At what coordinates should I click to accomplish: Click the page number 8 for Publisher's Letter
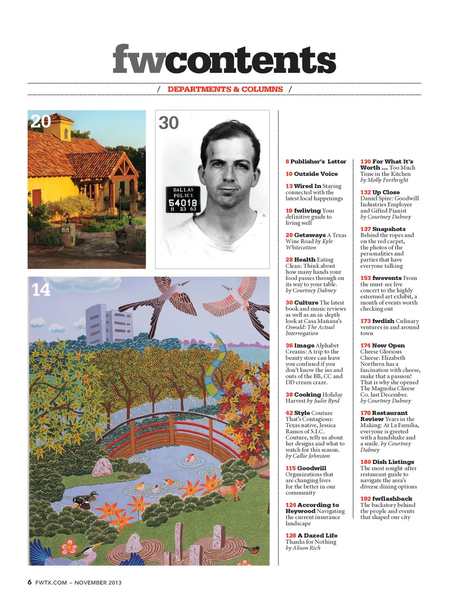coord(287,162)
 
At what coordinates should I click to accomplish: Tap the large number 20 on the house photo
coord(40,121)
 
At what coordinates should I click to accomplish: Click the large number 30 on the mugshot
coord(169,123)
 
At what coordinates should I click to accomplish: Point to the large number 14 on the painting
coord(41,289)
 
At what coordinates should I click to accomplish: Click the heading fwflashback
coord(392,499)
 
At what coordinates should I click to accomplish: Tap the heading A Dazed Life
coord(317,535)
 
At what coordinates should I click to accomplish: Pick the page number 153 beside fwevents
coord(365,278)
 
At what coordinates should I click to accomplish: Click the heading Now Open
coord(388,346)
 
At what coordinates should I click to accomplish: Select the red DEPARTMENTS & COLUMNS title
coord(225,89)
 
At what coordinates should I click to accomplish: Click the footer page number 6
coord(30,582)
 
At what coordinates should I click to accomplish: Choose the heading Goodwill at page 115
coord(311,468)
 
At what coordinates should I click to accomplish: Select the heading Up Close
coord(386,193)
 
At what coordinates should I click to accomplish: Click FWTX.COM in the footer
coord(51,582)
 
